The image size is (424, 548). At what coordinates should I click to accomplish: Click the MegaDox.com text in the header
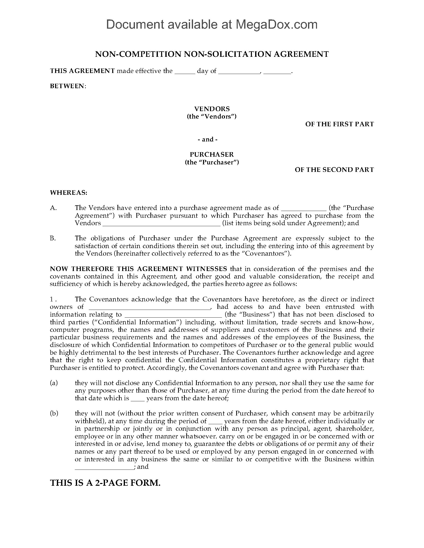point(276,25)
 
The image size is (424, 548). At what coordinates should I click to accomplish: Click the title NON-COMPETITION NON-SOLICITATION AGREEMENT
point(212,54)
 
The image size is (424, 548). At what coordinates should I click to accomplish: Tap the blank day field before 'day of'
point(185,71)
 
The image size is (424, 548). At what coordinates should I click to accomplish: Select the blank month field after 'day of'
point(239,71)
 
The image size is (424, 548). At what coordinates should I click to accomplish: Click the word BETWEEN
point(68,86)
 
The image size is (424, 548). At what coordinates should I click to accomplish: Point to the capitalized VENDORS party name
point(212,109)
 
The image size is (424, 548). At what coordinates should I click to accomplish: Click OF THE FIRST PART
point(339,124)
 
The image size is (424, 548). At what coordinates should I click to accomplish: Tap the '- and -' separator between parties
point(208,139)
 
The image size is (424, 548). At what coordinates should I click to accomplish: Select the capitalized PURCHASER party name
point(212,154)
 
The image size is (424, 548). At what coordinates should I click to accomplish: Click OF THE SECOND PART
point(334,170)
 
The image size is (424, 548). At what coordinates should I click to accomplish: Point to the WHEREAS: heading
point(69,193)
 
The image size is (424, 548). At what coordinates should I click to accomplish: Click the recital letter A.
point(53,208)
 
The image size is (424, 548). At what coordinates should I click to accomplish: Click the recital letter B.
point(53,238)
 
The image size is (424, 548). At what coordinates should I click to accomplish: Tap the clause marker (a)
point(54,383)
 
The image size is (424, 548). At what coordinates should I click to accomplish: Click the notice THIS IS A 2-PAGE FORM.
point(105,483)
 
